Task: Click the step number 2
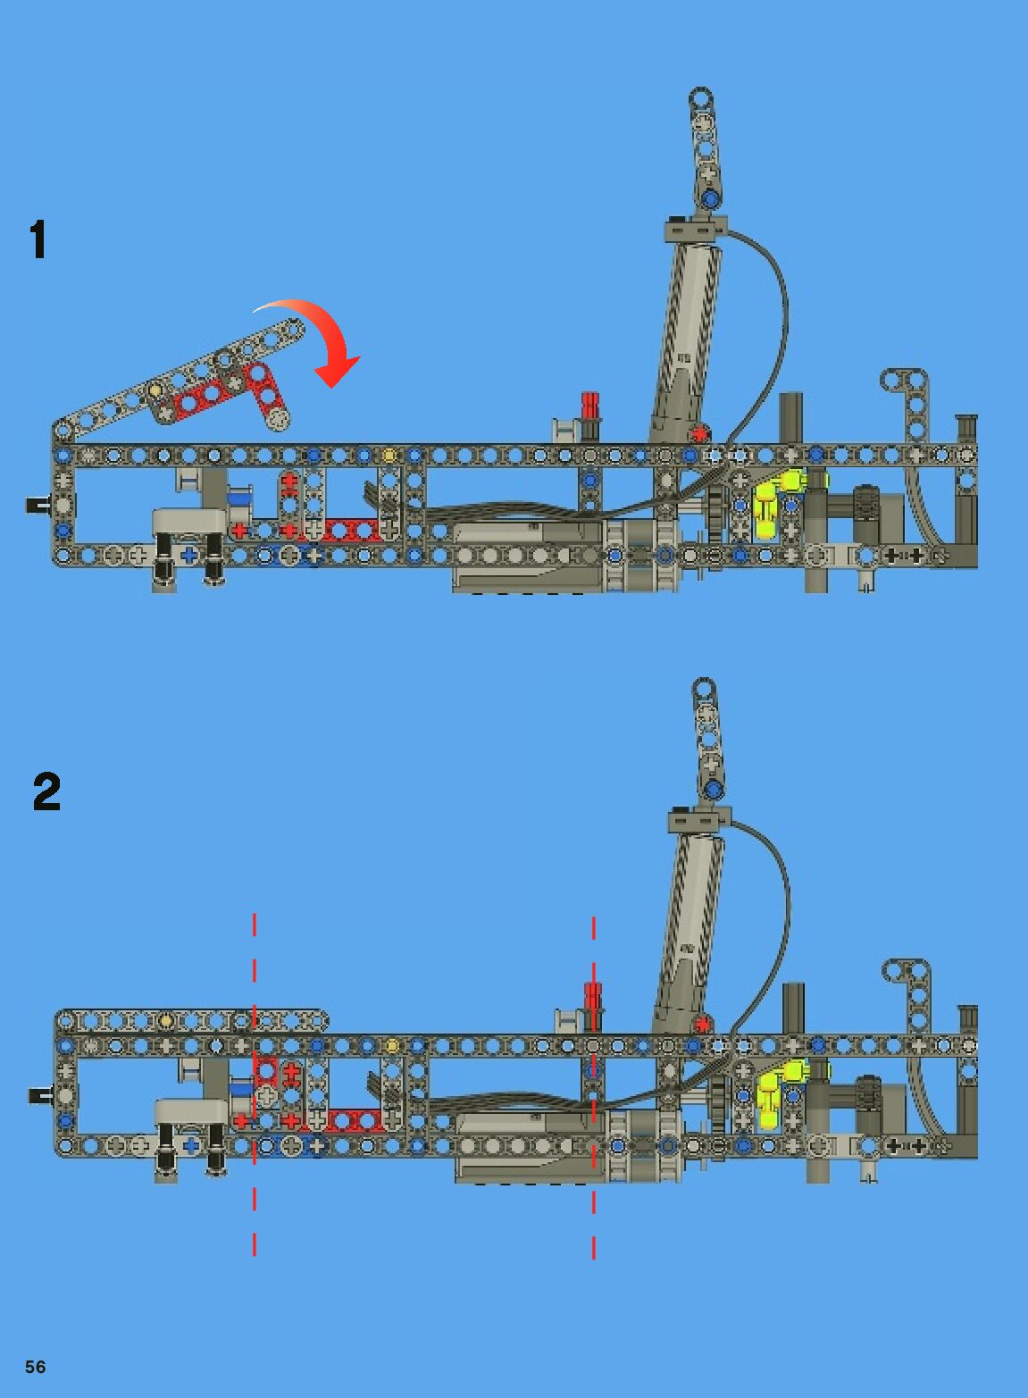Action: coord(46,791)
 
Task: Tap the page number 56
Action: coord(35,1367)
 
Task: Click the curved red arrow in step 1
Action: coord(327,344)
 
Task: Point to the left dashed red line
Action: coord(255,1085)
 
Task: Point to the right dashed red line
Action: coord(594,1085)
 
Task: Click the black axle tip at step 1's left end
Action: coord(37,505)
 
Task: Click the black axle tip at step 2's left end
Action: coord(40,1094)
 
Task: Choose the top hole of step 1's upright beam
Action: coord(700,96)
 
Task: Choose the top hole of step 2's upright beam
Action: coord(704,687)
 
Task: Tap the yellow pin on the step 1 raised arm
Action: coord(155,389)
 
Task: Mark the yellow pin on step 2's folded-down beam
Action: coord(165,1020)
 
